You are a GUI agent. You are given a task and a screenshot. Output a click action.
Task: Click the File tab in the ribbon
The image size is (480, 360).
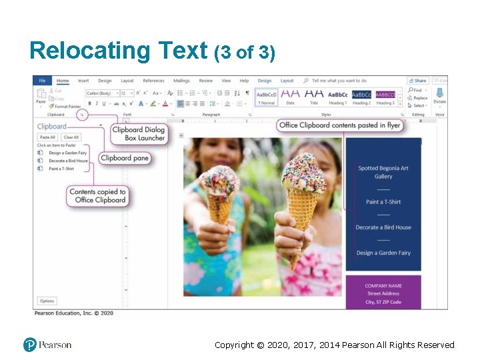pos(42,81)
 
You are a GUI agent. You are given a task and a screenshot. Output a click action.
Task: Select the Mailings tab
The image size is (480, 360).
pos(181,81)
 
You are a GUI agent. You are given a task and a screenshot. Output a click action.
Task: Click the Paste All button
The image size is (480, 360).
pos(47,137)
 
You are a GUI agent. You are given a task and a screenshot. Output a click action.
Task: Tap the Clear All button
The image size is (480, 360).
pos(71,137)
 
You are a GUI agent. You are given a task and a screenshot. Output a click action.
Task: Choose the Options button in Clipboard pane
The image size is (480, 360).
pos(47,301)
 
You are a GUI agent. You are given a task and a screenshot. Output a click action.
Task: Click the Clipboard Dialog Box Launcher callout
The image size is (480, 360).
pos(139,134)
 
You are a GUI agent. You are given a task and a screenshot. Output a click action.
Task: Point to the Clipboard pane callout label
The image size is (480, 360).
pos(125,158)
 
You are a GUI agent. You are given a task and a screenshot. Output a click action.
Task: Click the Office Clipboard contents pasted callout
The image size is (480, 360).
pos(340,125)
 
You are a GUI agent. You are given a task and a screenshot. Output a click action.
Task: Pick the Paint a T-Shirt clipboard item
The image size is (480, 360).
pos(61,169)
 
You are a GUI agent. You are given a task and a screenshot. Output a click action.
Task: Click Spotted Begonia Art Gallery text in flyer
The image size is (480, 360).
pos(383,172)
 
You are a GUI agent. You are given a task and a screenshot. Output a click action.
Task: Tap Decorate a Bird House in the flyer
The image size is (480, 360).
pos(383,227)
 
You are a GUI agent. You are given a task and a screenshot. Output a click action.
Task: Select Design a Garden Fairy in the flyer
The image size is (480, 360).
pos(383,253)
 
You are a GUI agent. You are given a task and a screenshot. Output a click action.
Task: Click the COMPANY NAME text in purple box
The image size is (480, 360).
pos(383,285)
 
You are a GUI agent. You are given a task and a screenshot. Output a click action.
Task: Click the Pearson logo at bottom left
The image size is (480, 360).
pos(47,345)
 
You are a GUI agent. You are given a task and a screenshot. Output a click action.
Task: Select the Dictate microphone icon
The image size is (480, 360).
pos(439,94)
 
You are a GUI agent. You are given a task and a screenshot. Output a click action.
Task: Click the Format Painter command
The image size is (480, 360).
pos(65,106)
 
